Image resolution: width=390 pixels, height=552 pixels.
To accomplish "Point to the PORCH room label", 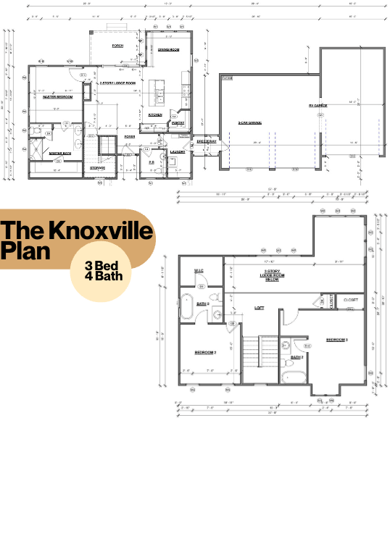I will [117, 46].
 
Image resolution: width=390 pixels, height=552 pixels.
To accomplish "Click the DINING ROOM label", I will [169, 49].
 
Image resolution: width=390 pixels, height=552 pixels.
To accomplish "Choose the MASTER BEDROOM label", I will [56, 96].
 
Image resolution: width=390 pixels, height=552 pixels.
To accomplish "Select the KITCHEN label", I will [155, 114].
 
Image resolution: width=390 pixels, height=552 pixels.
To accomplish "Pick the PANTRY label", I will [178, 123].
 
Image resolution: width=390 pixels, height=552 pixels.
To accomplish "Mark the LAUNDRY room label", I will [178, 151].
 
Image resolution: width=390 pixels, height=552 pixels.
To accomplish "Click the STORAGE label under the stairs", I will [98, 168].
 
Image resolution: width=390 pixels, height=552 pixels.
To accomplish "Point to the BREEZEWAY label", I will [206, 142].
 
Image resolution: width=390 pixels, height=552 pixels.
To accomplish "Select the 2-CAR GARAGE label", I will [249, 123].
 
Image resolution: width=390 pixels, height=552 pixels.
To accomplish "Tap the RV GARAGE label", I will [318, 106].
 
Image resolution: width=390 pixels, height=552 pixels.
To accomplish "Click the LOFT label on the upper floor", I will [259, 308].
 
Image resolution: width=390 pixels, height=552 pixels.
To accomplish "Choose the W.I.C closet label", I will [198, 271].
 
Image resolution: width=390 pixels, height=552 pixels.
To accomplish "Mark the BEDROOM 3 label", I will [336, 340].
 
